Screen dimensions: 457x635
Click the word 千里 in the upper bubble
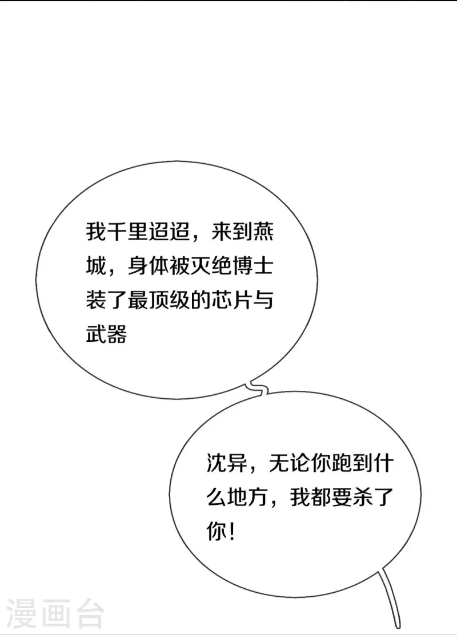tap(127, 232)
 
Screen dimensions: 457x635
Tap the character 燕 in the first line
tap(263, 232)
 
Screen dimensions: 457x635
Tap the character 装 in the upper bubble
tap(96, 300)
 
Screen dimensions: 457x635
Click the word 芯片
tap(231, 300)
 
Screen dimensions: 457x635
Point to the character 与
tap(263, 300)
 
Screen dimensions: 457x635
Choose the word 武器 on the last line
tap(106, 334)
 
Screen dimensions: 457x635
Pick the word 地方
tap(248, 497)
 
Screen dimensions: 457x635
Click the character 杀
tap(362, 497)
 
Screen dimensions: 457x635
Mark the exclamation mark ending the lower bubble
tap(231, 531)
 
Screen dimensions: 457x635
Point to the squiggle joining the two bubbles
tap(259, 388)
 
